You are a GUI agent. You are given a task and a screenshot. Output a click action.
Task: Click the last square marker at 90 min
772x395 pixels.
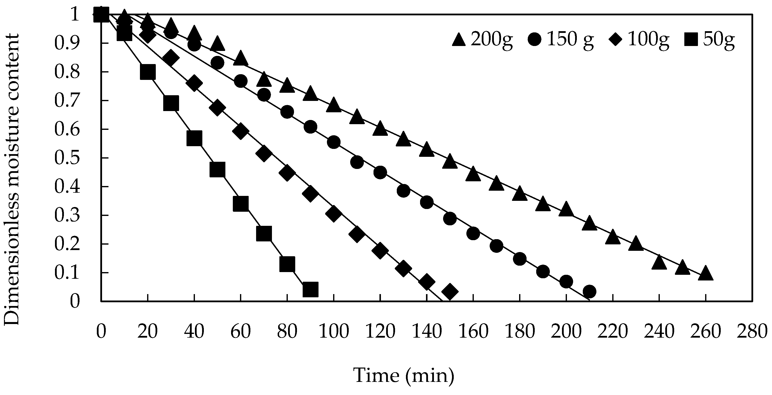[x=310, y=289]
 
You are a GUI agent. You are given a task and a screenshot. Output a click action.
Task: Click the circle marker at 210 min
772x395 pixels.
[x=589, y=291]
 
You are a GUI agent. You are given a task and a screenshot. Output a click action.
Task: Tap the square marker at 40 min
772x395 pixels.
[x=194, y=138]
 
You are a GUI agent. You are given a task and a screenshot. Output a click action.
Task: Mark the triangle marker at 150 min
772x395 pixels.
[x=450, y=161]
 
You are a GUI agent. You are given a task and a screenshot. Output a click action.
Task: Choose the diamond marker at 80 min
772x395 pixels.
[x=287, y=173]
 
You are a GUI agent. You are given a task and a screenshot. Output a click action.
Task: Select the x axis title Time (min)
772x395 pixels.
[x=404, y=375]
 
